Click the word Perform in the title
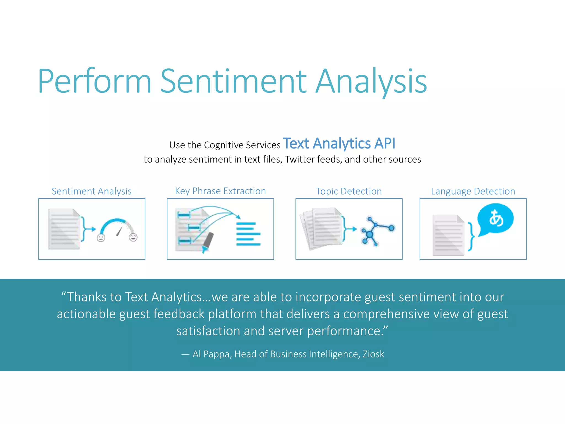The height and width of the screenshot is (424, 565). pyautogui.click(x=95, y=81)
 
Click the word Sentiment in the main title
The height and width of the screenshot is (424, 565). pyautogui.click(x=233, y=81)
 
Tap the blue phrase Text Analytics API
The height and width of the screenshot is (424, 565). pyautogui.click(x=339, y=144)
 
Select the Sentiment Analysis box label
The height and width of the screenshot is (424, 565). pyautogui.click(x=92, y=191)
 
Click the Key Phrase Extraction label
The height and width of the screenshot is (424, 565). pyautogui.click(x=220, y=191)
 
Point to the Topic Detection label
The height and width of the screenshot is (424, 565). pyautogui.click(x=349, y=191)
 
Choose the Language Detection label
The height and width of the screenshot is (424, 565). pyautogui.click(x=473, y=191)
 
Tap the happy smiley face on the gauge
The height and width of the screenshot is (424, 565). pyautogui.click(x=133, y=237)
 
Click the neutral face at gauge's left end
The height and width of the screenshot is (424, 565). pyautogui.click(x=101, y=238)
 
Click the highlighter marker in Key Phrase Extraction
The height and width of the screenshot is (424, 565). pyautogui.click(x=208, y=242)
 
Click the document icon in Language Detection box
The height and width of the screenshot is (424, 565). pyautogui.click(x=448, y=235)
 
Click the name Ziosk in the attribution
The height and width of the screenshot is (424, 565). pyautogui.click(x=373, y=354)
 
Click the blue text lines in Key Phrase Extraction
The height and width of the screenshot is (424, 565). pyautogui.click(x=248, y=234)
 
